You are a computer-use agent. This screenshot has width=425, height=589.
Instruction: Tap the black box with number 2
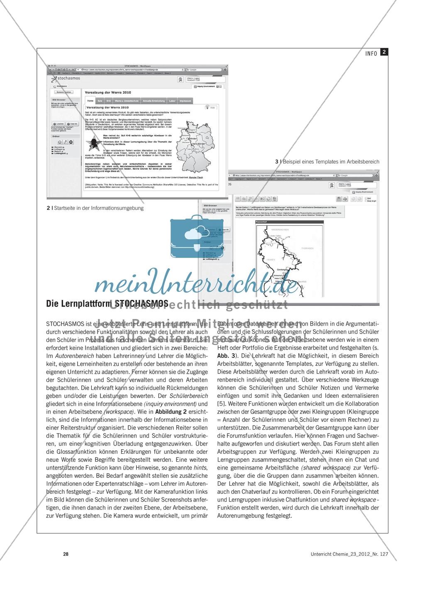(384, 52)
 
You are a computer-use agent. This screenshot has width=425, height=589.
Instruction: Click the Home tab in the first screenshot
(90, 101)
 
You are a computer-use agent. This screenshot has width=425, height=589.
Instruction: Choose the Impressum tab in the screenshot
(186, 101)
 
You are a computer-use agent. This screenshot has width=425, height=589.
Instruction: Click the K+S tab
(108, 101)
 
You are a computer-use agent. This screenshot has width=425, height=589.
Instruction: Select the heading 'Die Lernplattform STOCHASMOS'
(107, 303)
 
